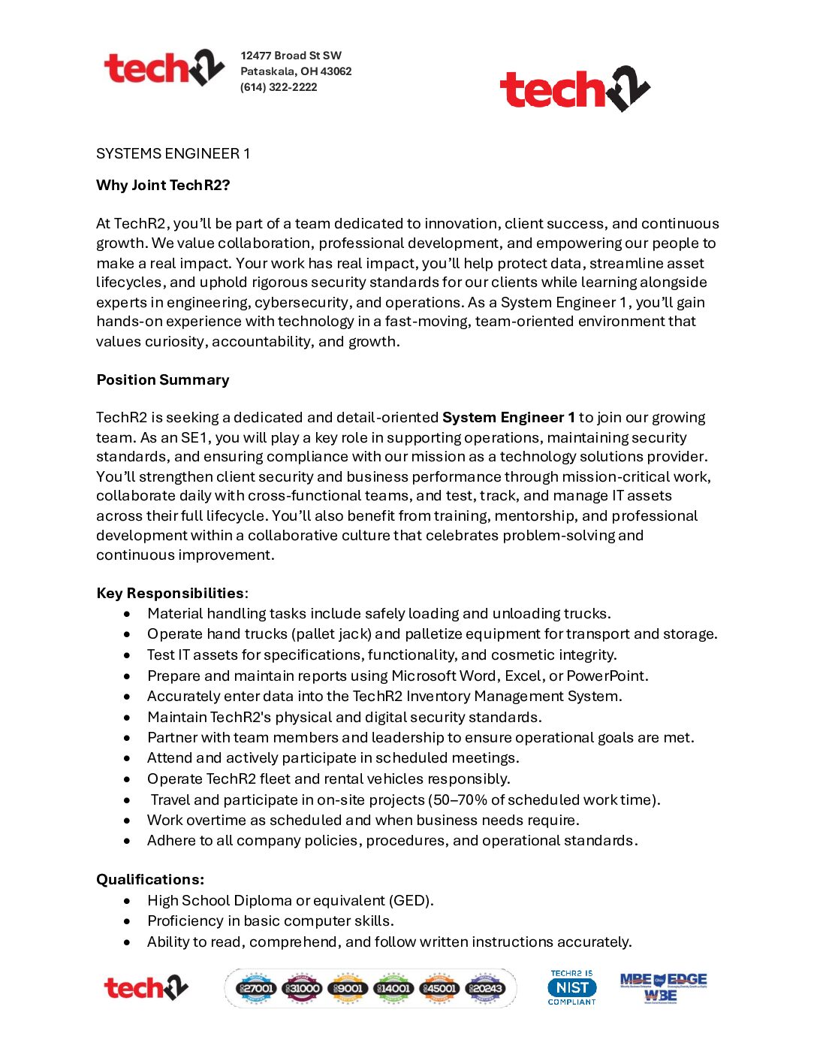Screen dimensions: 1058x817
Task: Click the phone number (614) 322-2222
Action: (279, 87)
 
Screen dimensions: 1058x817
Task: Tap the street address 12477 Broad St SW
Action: (291, 56)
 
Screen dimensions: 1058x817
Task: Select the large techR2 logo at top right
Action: (574, 89)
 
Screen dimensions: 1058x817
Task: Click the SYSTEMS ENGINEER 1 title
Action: (173, 154)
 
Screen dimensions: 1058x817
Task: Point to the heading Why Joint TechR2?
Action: (163, 186)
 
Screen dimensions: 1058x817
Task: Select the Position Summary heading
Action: (163, 380)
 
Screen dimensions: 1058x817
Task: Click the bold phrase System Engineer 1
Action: (508, 418)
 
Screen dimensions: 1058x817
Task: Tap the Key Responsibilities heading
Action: (170, 594)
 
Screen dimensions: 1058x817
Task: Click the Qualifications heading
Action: (150, 880)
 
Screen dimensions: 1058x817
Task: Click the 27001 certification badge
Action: (256, 988)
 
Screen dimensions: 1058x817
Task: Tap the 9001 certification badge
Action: (348, 988)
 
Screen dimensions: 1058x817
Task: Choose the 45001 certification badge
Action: (439, 988)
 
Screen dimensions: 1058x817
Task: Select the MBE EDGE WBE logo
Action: (663, 987)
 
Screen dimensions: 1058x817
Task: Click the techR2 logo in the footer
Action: (146, 988)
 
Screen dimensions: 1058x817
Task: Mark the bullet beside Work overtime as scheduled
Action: (127, 821)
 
